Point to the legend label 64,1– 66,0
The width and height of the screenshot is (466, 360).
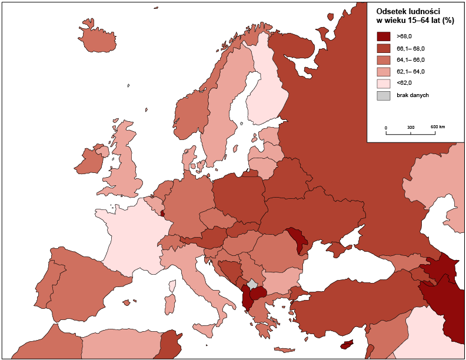(x=411, y=60)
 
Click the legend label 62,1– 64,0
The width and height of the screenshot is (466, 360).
(x=411, y=72)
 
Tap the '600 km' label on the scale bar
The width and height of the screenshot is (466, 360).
(x=437, y=127)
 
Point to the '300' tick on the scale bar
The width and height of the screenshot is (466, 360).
(x=411, y=127)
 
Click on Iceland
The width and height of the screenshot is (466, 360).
(x=97, y=38)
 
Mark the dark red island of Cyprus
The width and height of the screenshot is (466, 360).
(x=348, y=345)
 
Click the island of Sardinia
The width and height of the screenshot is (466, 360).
(x=169, y=304)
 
